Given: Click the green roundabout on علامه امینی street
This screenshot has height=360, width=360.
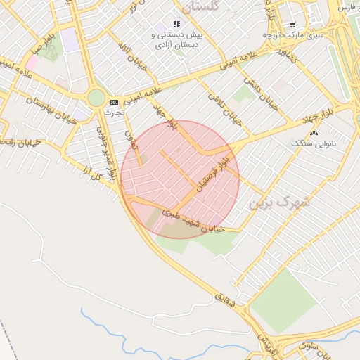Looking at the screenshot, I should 96,98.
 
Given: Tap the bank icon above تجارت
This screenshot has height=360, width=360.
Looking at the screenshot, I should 114,102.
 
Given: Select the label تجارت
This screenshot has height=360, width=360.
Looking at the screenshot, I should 113,112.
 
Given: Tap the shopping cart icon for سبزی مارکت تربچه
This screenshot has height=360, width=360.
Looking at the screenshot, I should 292,24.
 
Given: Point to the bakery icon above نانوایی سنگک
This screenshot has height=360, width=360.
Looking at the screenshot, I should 314,132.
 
